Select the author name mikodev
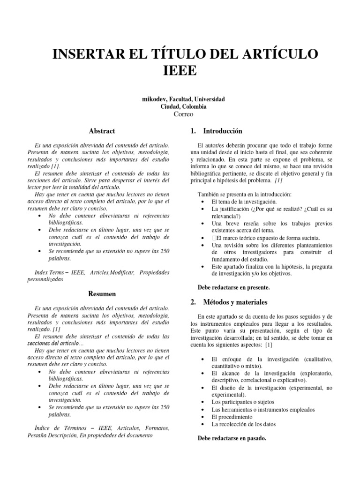(154, 99)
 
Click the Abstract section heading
(102, 131)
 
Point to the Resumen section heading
(102, 294)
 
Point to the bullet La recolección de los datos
(243, 424)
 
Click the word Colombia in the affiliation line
(193, 106)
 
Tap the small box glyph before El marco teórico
(214, 238)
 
